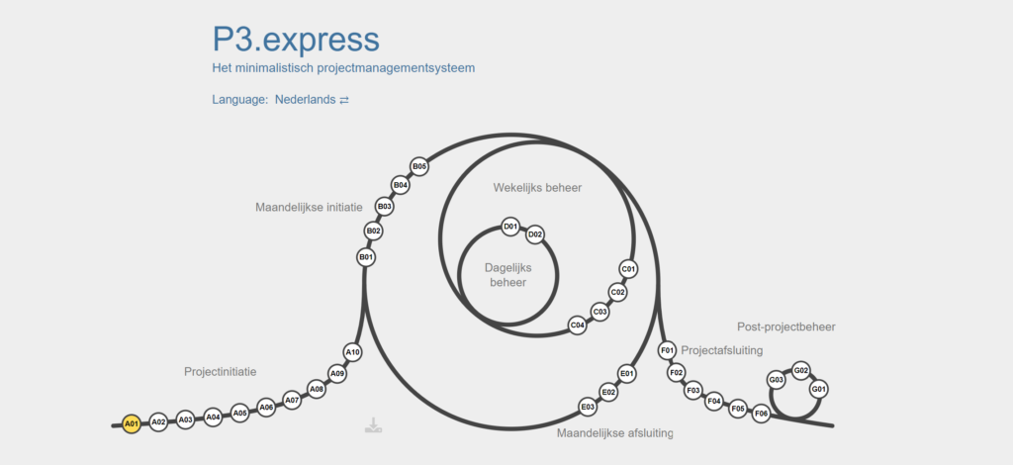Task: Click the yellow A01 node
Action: click(x=131, y=423)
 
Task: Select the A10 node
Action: click(x=353, y=352)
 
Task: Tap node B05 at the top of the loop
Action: click(x=419, y=166)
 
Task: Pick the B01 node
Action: click(x=366, y=257)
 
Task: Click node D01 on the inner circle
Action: click(x=510, y=227)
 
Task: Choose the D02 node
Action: click(x=535, y=234)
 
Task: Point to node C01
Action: click(x=628, y=269)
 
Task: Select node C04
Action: click(x=578, y=325)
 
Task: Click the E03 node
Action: click(x=588, y=407)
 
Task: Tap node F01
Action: click(x=668, y=350)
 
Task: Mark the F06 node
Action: click(x=761, y=414)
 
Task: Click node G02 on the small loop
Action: click(x=801, y=371)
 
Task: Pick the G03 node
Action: click(x=777, y=380)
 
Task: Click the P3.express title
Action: click(x=295, y=40)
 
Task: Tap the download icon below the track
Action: click(x=373, y=425)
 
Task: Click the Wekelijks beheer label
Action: click(x=537, y=188)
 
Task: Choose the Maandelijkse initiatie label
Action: click(x=309, y=208)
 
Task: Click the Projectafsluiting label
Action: click(x=722, y=349)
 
